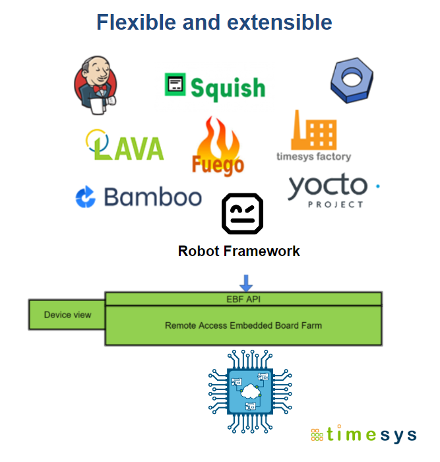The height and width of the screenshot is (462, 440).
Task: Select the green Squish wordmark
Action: (x=228, y=87)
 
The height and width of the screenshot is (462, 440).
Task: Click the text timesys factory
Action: (x=313, y=156)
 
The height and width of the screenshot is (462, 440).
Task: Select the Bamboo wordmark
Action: (x=152, y=197)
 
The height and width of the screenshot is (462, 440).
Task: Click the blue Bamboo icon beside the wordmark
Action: (x=86, y=197)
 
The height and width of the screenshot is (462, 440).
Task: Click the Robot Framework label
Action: (x=239, y=251)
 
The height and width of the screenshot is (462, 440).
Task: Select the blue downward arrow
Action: (x=246, y=282)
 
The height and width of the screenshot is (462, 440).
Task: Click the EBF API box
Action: (x=243, y=298)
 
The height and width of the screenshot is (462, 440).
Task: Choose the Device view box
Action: (x=67, y=315)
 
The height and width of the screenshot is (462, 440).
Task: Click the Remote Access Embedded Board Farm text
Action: (x=243, y=325)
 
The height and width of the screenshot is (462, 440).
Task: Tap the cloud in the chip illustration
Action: (x=250, y=391)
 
